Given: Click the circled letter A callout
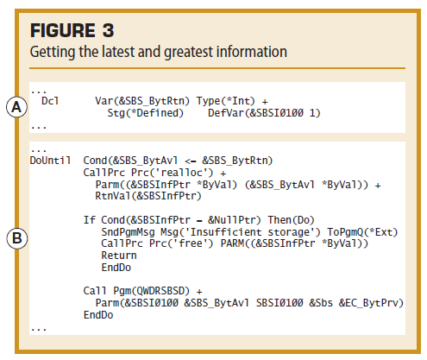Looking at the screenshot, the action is point(17,107).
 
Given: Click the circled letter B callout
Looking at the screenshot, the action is point(17,238).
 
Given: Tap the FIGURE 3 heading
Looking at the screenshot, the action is point(72,30).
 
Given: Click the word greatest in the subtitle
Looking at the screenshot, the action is point(188,52).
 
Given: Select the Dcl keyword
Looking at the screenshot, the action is point(50,101).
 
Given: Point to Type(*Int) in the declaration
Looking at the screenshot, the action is point(226,101).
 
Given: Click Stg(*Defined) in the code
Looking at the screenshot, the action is point(145,113).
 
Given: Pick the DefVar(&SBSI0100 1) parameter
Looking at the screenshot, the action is point(264,113).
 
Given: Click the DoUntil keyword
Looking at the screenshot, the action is point(50,161).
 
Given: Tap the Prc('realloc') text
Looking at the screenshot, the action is point(173,173).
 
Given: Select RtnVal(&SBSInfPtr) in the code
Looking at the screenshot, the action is point(148,196).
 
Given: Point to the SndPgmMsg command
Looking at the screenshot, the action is point(128,232).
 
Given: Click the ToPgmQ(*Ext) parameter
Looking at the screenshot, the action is point(362,232).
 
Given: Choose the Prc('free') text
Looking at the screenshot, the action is point(181,243).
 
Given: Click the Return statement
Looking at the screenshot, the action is point(119,256).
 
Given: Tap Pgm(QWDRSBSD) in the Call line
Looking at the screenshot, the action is point(152,291).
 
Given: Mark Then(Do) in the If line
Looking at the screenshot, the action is point(291,220).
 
